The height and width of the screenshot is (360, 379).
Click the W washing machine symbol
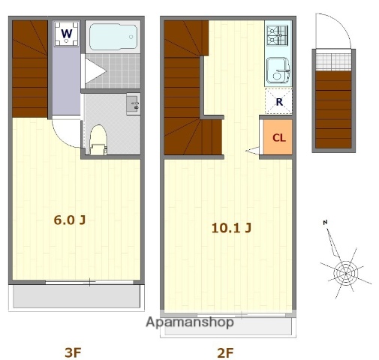(x=67, y=34)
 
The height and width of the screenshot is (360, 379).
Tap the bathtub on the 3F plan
(x=113, y=37)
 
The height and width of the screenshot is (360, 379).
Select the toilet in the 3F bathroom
(x=98, y=140)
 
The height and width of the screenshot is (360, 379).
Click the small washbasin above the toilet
(x=133, y=104)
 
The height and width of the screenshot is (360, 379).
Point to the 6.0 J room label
(x=70, y=220)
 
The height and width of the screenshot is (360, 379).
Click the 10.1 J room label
(x=231, y=228)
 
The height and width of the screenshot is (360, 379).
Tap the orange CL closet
(x=278, y=137)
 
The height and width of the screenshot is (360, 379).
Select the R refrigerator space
(x=278, y=101)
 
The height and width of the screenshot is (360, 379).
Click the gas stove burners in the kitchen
(x=278, y=35)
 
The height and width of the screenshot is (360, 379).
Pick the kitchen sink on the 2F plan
(x=278, y=70)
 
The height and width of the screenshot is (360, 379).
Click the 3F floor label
(x=73, y=352)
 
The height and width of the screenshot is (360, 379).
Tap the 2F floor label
(x=225, y=352)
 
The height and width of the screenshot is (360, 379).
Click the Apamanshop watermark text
(x=190, y=322)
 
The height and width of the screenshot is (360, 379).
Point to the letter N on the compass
(x=325, y=222)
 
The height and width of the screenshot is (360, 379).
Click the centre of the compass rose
(x=346, y=274)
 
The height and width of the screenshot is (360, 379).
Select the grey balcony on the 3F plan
(x=77, y=296)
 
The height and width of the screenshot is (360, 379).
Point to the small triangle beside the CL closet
(x=252, y=151)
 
